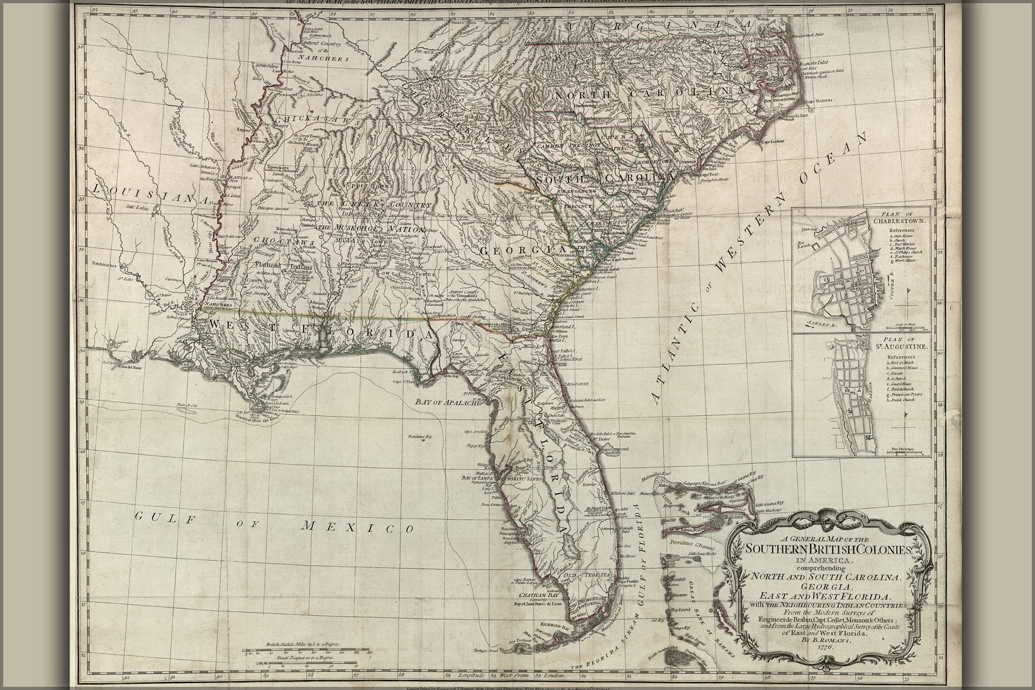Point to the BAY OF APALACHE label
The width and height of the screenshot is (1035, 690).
(x=448, y=401)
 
